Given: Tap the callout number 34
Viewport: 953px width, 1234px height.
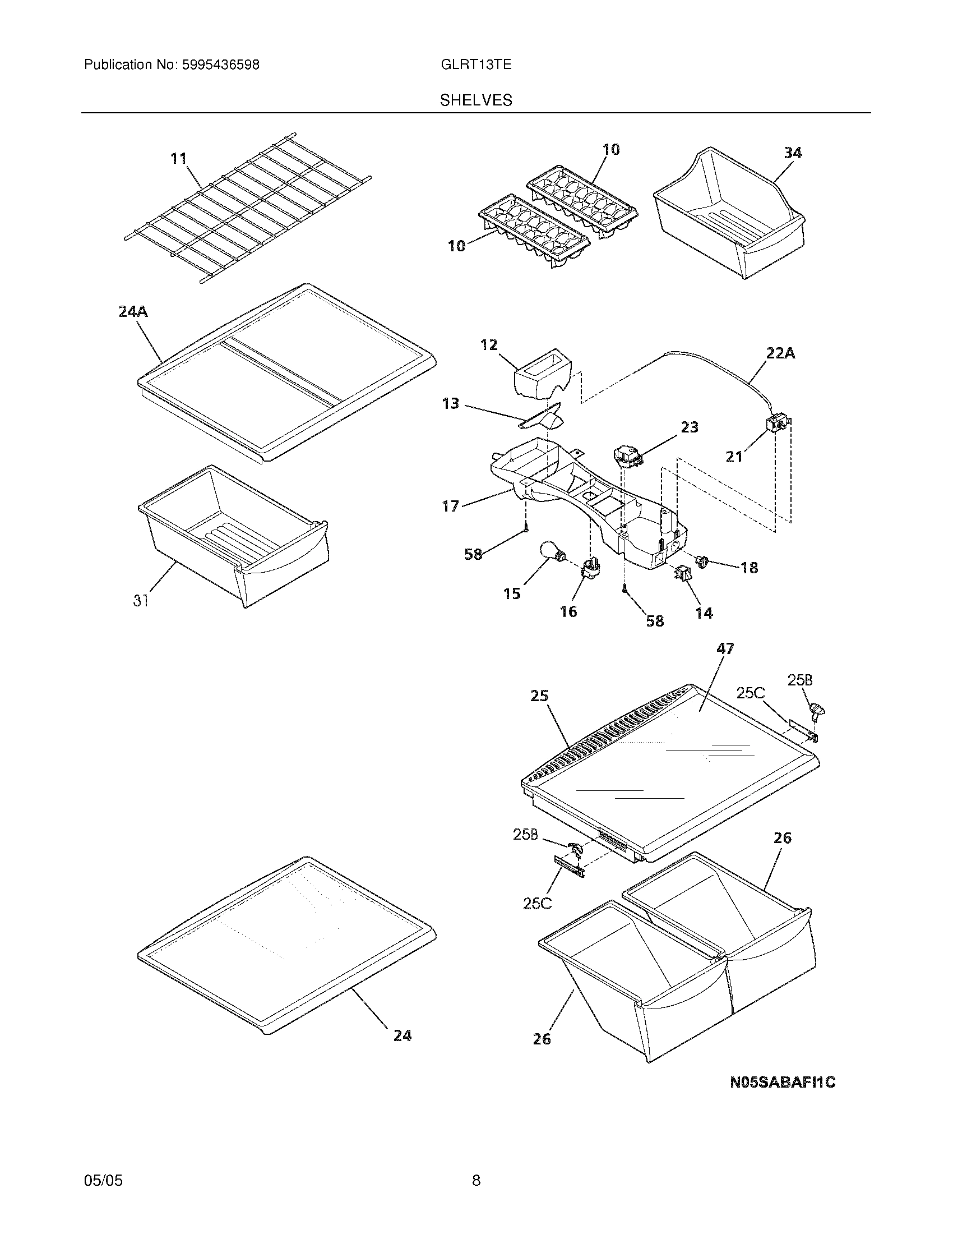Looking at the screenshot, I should pos(793,153).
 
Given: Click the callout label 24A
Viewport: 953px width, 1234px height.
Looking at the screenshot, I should pos(133,311).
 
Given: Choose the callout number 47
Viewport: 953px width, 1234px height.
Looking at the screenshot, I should pos(725,648).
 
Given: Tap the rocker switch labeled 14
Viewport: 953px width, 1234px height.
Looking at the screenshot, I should pos(682,573).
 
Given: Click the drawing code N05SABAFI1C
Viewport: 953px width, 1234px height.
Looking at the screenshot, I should pos(783,1083).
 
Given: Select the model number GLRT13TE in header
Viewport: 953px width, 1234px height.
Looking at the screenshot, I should pos(476,65).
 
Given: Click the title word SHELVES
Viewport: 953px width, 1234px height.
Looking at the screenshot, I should pos(476,100).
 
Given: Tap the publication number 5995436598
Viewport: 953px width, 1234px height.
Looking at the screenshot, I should pos(220,65).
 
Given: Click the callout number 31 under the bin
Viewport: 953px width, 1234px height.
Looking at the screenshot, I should pos(141,601).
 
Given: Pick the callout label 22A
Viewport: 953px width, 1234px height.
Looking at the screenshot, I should pos(780,354).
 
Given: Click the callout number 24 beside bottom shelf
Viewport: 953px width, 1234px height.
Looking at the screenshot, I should pos(402,1035).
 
